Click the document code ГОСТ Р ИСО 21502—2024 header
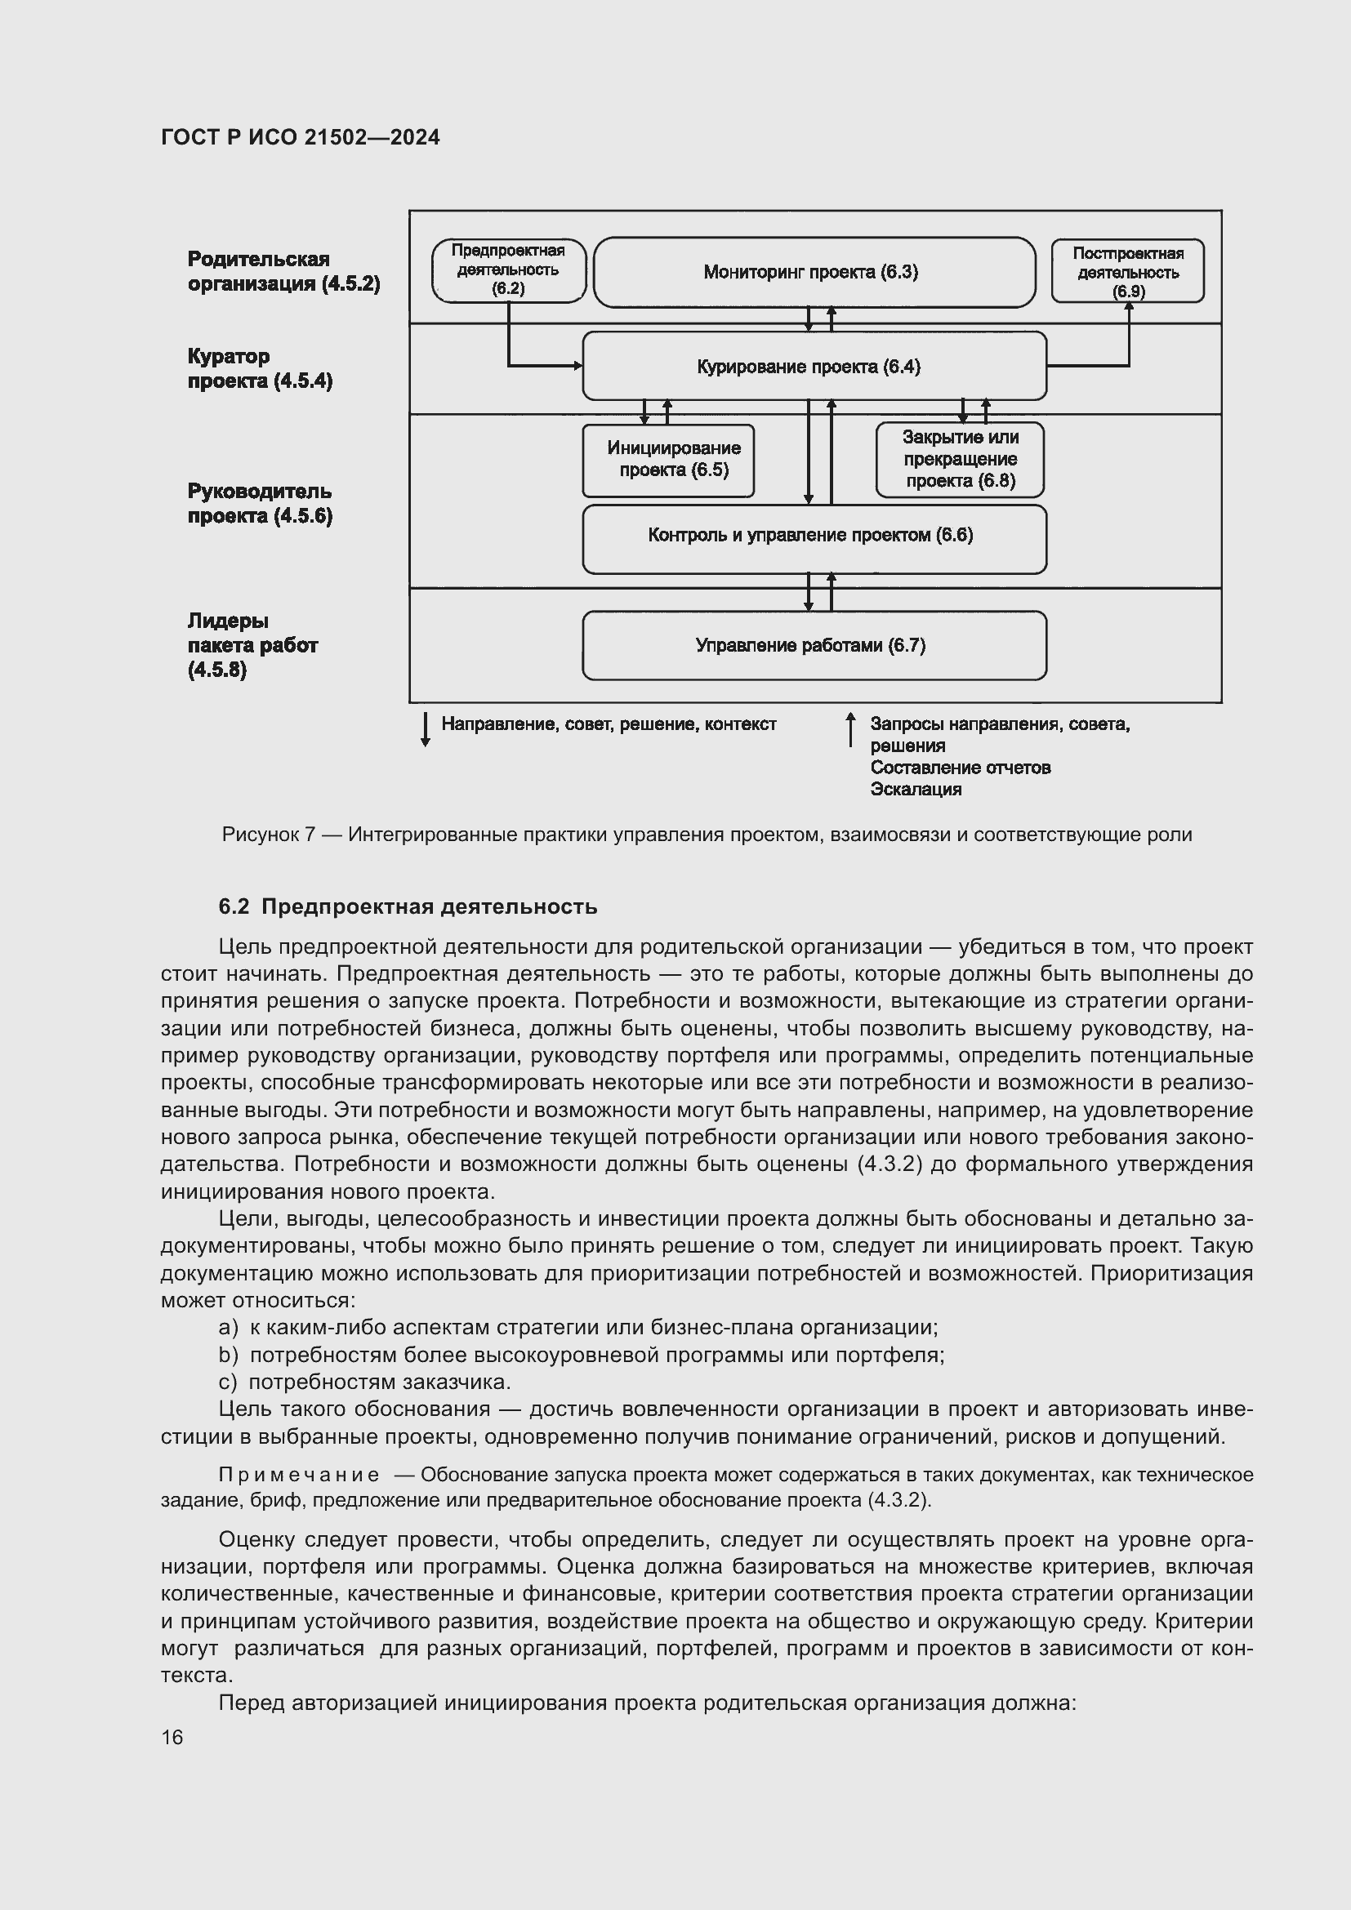(301, 137)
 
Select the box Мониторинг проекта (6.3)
(814, 272)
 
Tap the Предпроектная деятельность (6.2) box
(508, 270)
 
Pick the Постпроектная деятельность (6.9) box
(1127, 271)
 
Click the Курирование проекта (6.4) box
(814, 367)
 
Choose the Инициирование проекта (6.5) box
(668, 460)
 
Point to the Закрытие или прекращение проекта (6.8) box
(959, 459)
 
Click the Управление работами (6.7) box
(814, 646)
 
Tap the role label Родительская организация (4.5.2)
(283, 271)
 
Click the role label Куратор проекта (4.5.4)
(259, 368)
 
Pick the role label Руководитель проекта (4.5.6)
(259, 503)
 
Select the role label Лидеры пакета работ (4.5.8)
(252, 645)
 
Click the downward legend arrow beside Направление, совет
(425, 728)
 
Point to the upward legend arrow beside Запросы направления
(850, 728)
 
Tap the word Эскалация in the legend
(915, 790)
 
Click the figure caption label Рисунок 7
(268, 835)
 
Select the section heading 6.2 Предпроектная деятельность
(408, 906)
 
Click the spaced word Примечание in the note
(299, 1475)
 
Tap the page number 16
(172, 1737)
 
